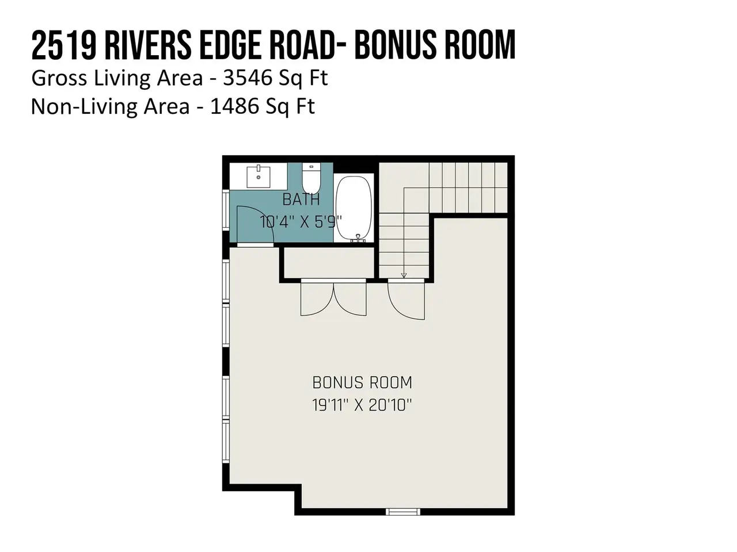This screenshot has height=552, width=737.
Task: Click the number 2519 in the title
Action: click(64, 45)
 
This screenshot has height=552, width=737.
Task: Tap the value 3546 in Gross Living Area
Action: click(247, 78)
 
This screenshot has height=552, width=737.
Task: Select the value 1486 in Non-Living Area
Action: click(234, 106)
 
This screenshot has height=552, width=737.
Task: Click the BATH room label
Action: click(301, 200)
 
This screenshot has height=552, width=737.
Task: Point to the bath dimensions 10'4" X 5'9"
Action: click(301, 222)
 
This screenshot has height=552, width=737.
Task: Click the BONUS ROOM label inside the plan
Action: click(362, 382)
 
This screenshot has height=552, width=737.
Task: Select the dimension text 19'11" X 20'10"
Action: click(362, 405)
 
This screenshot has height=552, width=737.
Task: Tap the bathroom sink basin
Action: click(258, 177)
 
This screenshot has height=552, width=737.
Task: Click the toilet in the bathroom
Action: click(311, 178)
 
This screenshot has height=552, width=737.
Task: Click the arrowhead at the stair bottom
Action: click(404, 275)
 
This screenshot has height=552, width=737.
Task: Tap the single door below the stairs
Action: click(407, 299)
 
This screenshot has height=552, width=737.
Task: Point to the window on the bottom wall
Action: click(402, 512)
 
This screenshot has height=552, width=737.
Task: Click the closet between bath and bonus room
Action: click(329, 263)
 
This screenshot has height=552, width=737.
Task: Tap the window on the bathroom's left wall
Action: click(226, 210)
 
